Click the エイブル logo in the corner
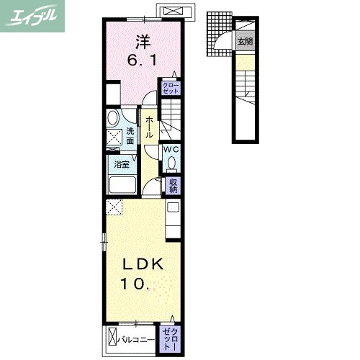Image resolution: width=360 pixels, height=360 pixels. coord(32,16)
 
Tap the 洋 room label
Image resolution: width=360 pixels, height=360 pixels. coord(143,41)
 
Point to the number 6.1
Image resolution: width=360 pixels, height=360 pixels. coord(142,60)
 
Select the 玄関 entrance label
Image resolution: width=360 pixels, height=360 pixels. coord(245,42)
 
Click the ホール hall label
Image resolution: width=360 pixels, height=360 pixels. coord(149,127)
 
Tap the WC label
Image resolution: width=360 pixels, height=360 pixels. coord(171,149)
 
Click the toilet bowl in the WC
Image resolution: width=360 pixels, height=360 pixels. coord(171,163)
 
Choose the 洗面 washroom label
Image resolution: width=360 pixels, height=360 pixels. coord(130,136)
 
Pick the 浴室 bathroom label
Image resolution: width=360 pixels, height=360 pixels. coord(122,165)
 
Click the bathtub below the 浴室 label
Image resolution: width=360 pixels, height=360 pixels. coord(122,185)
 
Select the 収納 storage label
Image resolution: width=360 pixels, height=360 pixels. coord(173,186)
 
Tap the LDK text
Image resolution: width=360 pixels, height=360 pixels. coord(143,264)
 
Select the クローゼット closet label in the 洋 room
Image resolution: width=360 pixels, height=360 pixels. coord(171,88)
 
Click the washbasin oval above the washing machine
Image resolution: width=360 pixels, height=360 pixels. coord(113,118)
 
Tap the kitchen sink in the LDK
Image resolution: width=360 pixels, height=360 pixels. coord(173,207)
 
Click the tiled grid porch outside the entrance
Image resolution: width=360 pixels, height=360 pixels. coord(219,34)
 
